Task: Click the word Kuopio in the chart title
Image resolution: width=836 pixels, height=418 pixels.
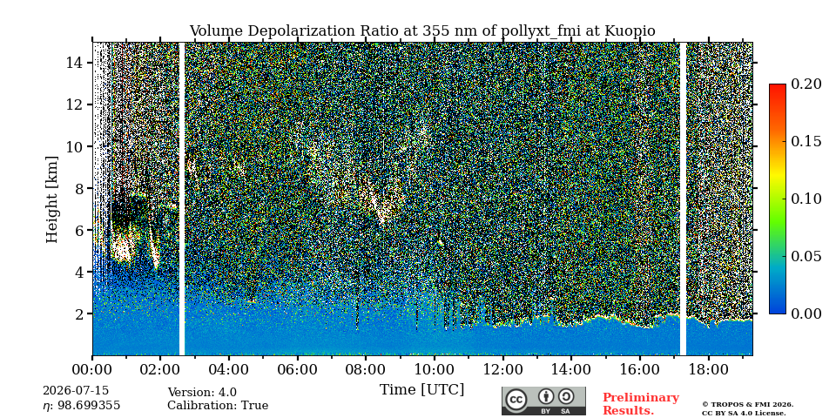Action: click(x=630, y=31)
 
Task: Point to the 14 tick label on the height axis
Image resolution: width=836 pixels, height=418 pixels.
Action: click(x=75, y=63)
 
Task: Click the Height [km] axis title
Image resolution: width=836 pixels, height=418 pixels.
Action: click(x=51, y=199)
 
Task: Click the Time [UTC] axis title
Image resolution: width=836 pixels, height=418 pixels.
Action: click(x=421, y=390)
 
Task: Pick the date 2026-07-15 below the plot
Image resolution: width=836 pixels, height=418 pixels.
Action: click(x=76, y=390)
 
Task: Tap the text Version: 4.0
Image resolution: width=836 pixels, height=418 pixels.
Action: click(x=202, y=393)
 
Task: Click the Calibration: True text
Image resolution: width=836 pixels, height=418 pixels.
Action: click(x=218, y=406)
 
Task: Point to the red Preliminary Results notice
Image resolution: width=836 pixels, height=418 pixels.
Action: click(x=641, y=404)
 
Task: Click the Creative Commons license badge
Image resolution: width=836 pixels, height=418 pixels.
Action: click(x=543, y=401)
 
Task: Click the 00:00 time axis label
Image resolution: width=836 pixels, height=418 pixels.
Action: click(x=92, y=370)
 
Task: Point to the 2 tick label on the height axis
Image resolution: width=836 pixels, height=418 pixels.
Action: click(x=79, y=314)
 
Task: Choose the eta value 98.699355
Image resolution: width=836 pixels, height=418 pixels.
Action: click(x=82, y=406)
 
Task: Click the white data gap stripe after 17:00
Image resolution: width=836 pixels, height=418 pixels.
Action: click(x=683, y=199)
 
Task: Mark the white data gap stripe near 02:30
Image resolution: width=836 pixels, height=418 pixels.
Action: click(x=181, y=199)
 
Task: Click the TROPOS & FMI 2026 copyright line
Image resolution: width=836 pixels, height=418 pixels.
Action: click(x=747, y=405)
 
